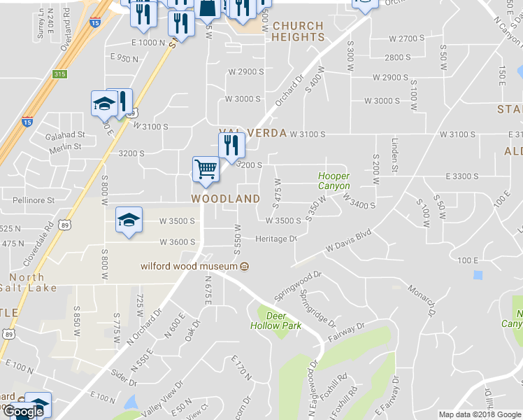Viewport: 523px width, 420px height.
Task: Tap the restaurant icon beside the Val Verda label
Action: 231,146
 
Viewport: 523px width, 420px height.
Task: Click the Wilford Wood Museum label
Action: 189,266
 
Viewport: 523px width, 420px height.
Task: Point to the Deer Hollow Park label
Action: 276,321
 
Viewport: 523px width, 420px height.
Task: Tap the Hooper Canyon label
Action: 334,181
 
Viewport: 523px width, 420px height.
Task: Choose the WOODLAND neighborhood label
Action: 226,199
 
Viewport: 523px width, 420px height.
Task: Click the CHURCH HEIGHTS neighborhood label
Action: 298,31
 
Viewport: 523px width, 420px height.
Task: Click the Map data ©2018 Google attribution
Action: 479,414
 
